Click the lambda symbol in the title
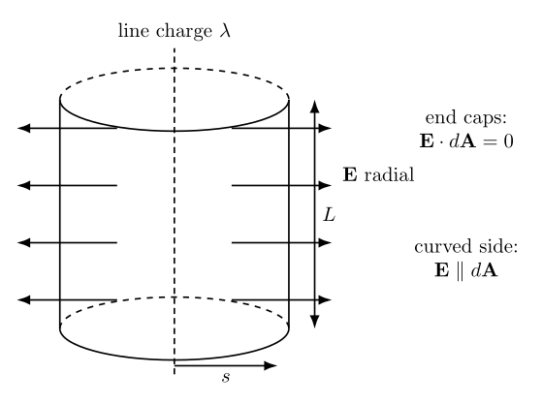(225, 30)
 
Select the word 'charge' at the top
(184, 32)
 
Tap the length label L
(329, 215)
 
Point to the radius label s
(226, 377)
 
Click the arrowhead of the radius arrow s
(271, 365)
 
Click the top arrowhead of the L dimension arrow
(314, 106)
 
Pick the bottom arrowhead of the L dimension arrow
(314, 322)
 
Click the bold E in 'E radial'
(350, 174)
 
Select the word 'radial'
(389, 174)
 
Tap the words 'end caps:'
(466, 118)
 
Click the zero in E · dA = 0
(508, 141)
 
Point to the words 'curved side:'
(466, 247)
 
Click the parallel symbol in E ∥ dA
(460, 270)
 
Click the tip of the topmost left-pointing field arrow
(17, 128)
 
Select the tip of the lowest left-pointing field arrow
(17, 300)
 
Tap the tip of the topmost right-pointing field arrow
(332, 128)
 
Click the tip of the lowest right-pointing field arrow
(332, 300)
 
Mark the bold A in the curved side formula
(490, 270)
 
